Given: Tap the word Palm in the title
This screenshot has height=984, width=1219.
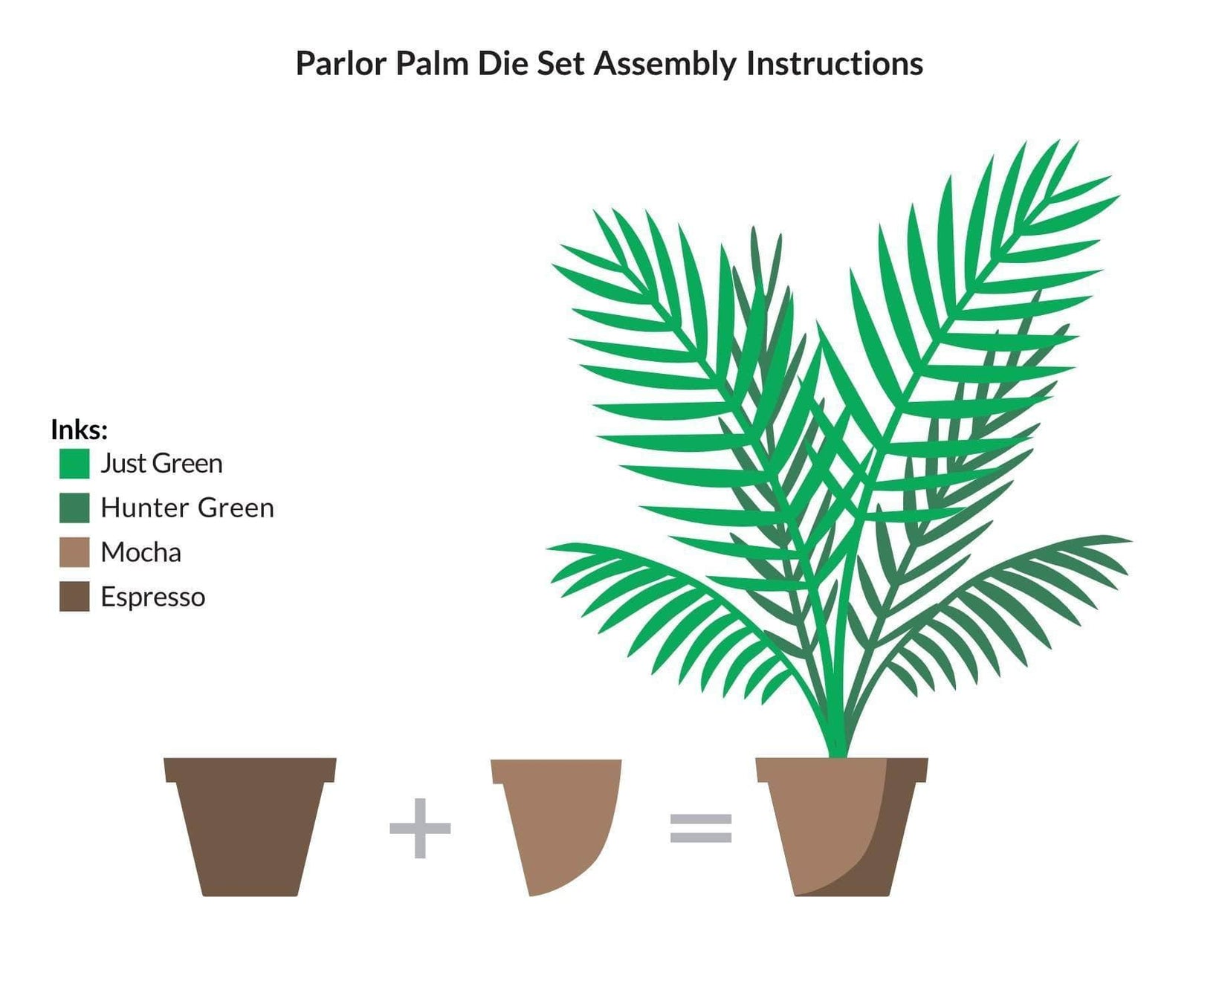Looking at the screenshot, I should click(432, 64).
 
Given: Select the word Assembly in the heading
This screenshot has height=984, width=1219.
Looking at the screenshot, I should click(665, 65).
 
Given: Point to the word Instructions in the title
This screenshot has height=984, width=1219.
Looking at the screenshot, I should click(835, 64).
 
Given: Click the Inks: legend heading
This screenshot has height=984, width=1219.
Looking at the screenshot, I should click(80, 430).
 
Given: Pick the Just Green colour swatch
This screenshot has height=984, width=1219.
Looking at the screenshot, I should click(74, 464).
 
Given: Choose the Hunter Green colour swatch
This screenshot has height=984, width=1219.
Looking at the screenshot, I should click(74, 508).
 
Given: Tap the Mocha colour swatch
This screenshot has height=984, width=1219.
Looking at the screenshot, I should click(74, 552).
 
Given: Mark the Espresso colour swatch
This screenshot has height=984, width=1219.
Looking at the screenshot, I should click(74, 597).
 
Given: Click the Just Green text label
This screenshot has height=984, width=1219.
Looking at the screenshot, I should click(161, 464).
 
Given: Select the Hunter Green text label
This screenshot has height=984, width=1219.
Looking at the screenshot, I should click(187, 508).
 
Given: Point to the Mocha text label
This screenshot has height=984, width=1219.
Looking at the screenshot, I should click(140, 553).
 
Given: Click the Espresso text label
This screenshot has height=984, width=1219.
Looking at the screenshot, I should click(152, 598).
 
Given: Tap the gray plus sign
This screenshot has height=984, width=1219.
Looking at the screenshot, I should click(420, 828).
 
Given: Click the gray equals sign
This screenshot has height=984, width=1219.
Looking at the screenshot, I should click(701, 828).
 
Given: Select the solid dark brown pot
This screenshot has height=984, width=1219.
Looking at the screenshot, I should click(250, 825).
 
